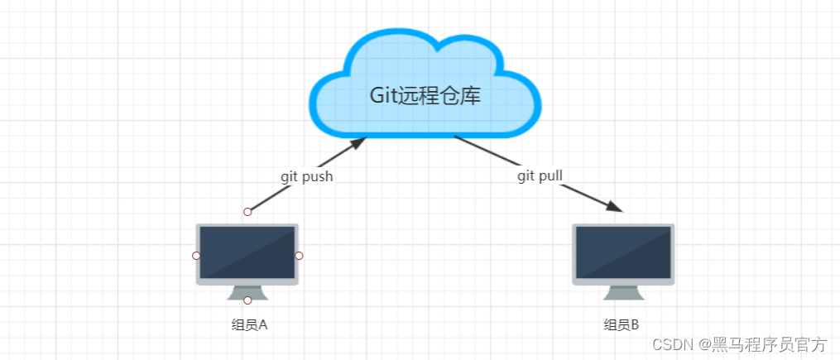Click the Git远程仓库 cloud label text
click(425, 95)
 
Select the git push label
click(306, 176)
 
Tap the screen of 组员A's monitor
click(247, 252)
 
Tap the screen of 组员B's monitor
click(623, 252)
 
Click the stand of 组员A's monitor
click(247, 293)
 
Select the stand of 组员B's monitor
click(623, 293)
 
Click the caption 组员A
click(249, 325)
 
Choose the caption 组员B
click(622, 325)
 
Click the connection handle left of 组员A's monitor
click(196, 256)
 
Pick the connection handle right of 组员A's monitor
click(299, 256)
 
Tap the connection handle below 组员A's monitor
click(247, 300)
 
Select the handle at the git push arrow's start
click(247, 212)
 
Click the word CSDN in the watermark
click(672, 344)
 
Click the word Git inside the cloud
click(383, 95)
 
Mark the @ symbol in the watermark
click(702, 344)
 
